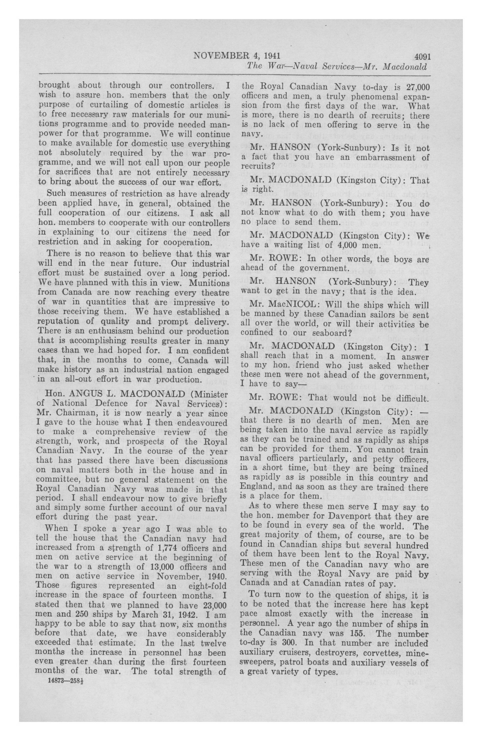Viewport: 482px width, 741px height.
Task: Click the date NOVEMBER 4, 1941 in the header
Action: click(237, 56)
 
